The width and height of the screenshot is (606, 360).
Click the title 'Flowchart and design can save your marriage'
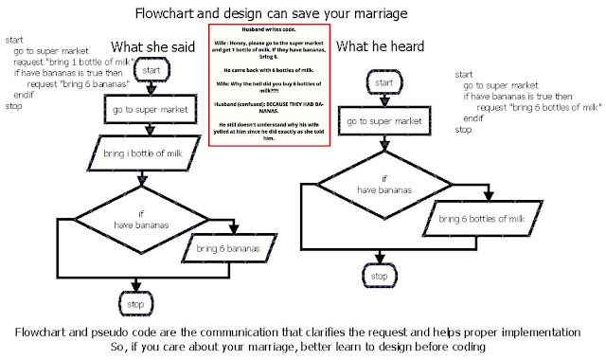click(x=303, y=14)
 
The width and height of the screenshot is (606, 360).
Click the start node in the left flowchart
click(x=152, y=69)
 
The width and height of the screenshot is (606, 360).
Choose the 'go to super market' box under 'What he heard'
click(x=379, y=122)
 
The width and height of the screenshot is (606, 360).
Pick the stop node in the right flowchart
click(x=379, y=276)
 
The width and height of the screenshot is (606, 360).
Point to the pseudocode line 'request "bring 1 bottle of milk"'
click(x=72, y=62)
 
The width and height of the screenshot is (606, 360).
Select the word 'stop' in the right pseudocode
click(x=463, y=130)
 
